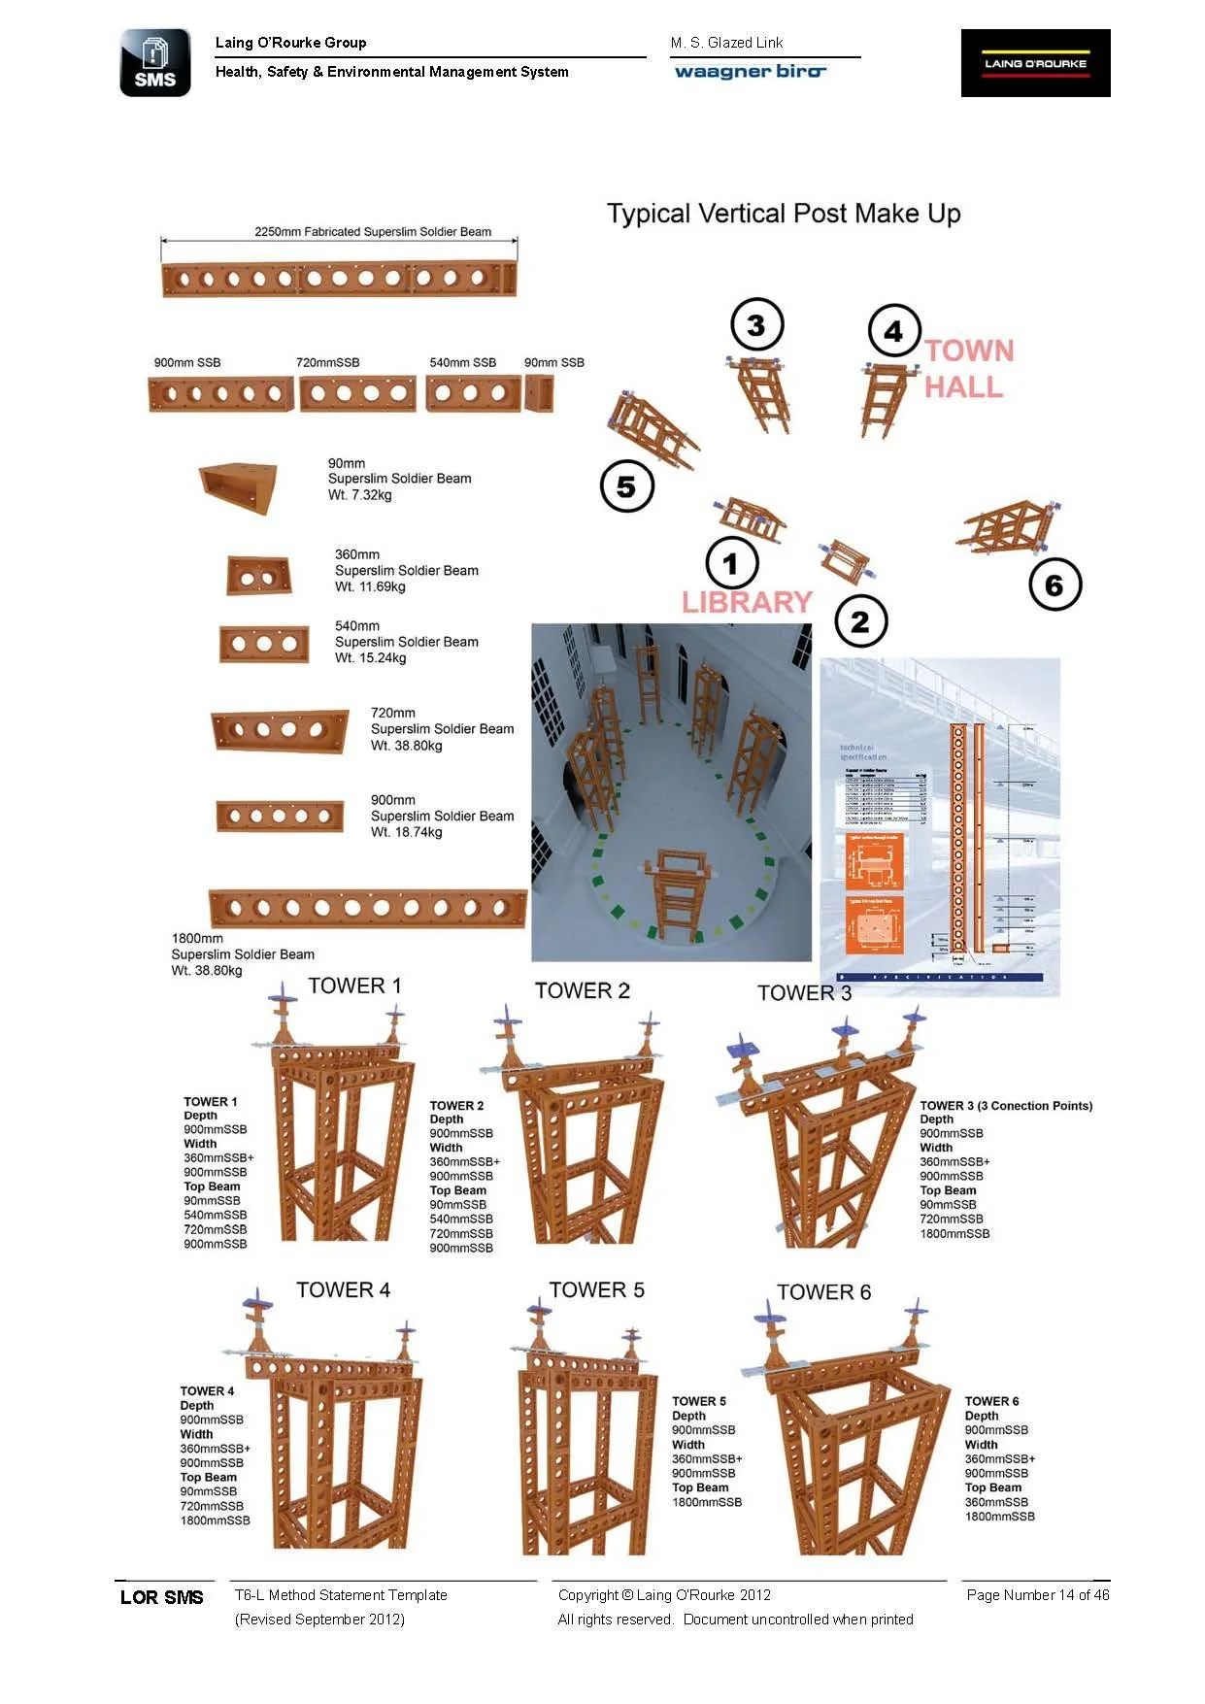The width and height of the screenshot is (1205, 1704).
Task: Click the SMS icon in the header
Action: (155, 63)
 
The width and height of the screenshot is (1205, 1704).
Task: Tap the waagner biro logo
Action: (750, 72)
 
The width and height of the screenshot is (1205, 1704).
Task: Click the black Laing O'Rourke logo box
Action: (1035, 63)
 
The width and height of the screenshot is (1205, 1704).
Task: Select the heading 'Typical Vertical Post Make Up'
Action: (784, 214)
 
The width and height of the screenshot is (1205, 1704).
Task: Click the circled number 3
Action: (756, 325)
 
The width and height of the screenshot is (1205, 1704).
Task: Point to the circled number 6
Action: (1054, 585)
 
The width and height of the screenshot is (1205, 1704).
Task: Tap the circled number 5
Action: (626, 486)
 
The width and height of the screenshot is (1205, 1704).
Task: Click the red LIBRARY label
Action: (747, 602)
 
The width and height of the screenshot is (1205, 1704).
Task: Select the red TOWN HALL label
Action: (968, 369)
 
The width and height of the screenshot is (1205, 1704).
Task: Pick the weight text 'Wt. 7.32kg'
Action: (360, 495)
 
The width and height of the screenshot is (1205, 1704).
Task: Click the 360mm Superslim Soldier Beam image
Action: (258, 576)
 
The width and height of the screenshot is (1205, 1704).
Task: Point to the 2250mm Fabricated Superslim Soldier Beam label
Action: (373, 232)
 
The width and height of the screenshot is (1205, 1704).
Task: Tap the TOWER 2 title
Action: (583, 990)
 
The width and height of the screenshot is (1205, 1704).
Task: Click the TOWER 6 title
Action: (823, 1292)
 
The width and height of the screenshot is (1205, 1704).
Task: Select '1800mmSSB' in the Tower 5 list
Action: (707, 1502)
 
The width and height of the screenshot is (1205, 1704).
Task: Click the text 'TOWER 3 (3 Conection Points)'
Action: (1006, 1106)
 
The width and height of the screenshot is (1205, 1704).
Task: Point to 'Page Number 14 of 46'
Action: (1037, 1594)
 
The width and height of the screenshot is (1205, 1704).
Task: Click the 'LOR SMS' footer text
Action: (162, 1597)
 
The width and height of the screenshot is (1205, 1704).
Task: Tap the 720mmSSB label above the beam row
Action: (328, 363)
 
